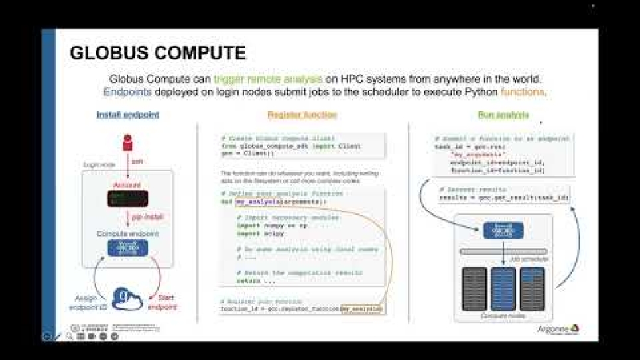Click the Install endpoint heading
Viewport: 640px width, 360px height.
pyautogui.click(x=127, y=115)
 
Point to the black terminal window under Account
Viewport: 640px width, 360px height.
pyautogui.click(x=127, y=198)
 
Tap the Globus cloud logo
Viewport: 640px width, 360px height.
pyautogui.click(x=127, y=299)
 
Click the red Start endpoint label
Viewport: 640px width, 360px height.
pyautogui.click(x=165, y=302)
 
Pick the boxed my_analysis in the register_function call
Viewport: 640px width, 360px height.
pyautogui.click(x=361, y=309)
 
